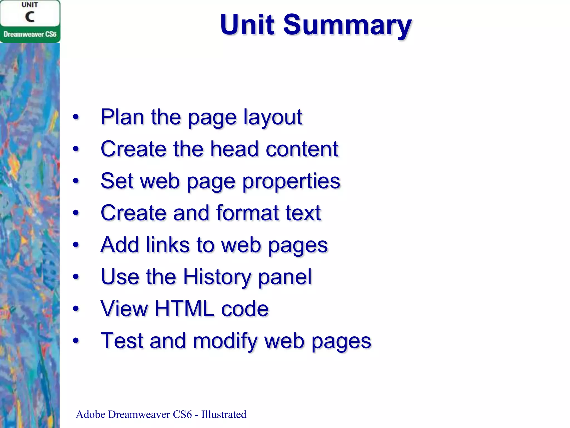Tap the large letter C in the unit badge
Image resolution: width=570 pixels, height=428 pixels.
30,17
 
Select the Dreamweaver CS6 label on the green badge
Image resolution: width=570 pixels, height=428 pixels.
30,34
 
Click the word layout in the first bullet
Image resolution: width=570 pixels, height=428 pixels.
272,117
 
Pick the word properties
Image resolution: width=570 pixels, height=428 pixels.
291,181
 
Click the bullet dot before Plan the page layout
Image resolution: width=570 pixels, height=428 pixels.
76,117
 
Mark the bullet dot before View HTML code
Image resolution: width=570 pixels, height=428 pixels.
76,309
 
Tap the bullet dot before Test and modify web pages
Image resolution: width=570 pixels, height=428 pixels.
76,341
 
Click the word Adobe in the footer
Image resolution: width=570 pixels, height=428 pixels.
90,414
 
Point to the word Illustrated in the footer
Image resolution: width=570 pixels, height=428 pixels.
224,414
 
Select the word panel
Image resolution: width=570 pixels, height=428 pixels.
285,277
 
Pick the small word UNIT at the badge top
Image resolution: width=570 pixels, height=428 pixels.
30,5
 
